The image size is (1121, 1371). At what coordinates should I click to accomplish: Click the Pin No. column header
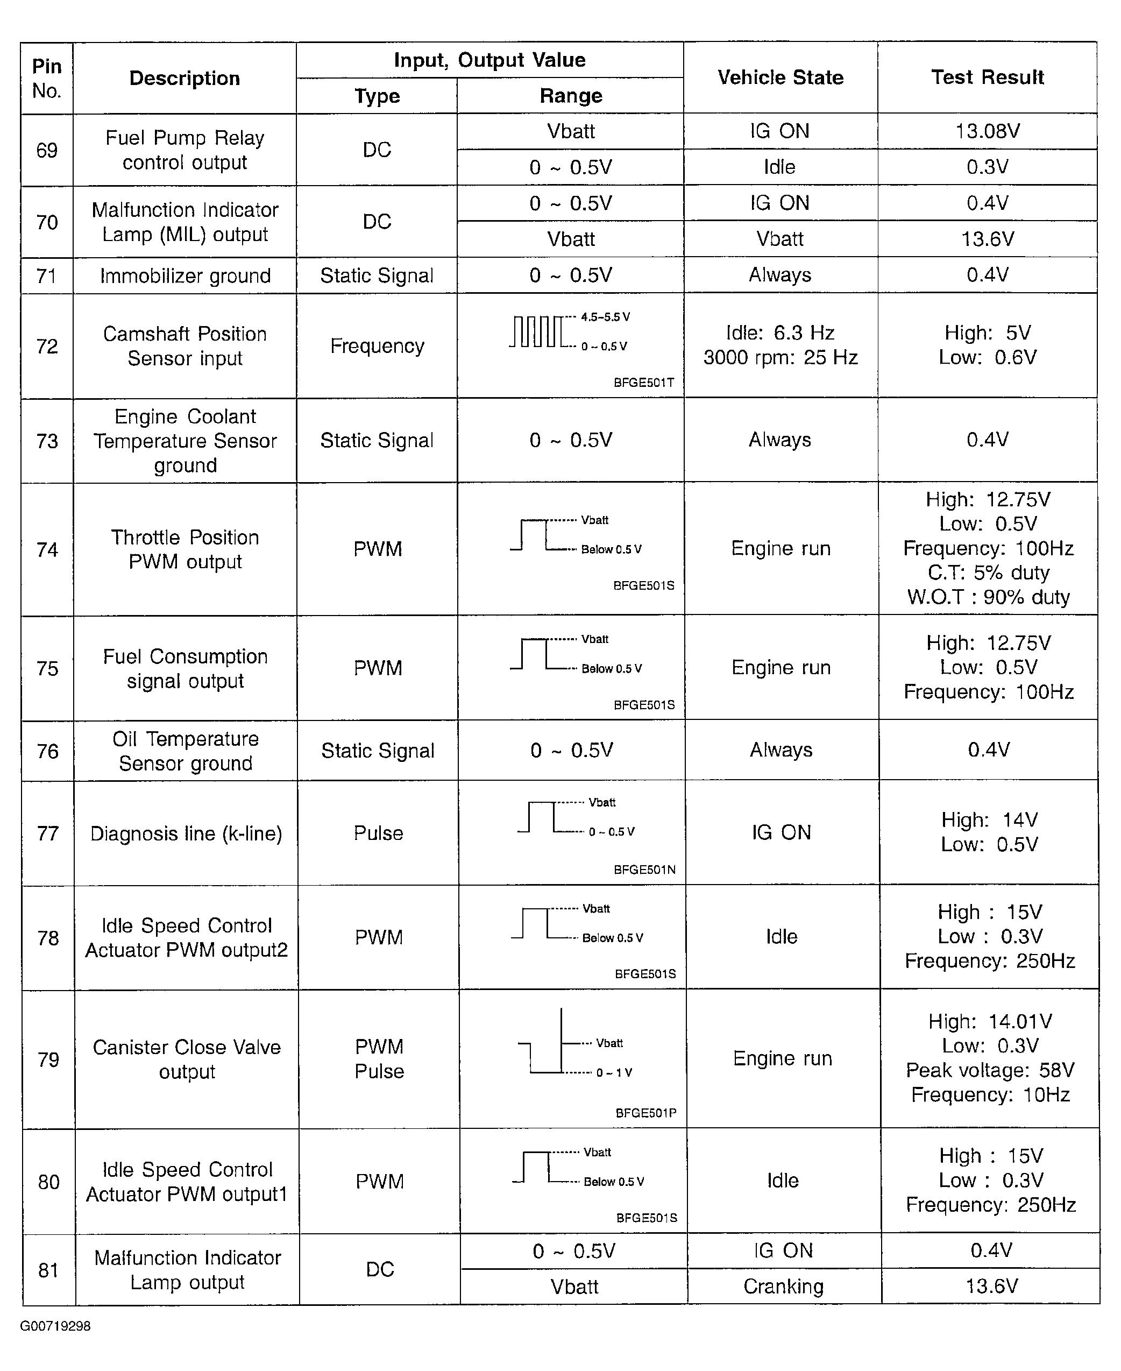point(46,78)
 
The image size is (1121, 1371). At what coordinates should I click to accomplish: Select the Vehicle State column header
point(780,77)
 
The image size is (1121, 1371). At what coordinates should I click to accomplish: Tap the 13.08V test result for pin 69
point(988,132)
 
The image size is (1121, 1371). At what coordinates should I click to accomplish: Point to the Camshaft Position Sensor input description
point(185,346)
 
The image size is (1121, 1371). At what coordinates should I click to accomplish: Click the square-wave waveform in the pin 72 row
point(537,332)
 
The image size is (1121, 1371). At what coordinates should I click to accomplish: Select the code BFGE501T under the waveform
point(643,383)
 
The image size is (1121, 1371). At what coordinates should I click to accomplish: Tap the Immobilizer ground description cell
point(185,275)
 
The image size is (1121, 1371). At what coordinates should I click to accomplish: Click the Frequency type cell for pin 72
point(377,346)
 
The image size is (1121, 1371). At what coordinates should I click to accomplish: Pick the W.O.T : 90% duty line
point(988,597)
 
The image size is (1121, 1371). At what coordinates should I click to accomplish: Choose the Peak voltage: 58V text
point(989,1070)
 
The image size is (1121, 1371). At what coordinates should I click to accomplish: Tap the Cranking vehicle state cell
point(783,1287)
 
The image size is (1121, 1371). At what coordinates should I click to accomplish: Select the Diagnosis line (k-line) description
point(186,833)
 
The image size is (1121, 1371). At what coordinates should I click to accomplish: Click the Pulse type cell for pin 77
point(378,833)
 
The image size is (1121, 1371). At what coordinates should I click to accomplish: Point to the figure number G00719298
point(55,1326)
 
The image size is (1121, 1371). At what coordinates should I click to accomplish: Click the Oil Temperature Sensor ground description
point(186,751)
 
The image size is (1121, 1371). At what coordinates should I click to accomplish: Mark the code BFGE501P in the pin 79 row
point(645,1113)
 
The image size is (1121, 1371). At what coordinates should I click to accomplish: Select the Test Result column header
point(988,77)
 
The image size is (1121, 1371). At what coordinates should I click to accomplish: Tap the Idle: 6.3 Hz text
point(780,333)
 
